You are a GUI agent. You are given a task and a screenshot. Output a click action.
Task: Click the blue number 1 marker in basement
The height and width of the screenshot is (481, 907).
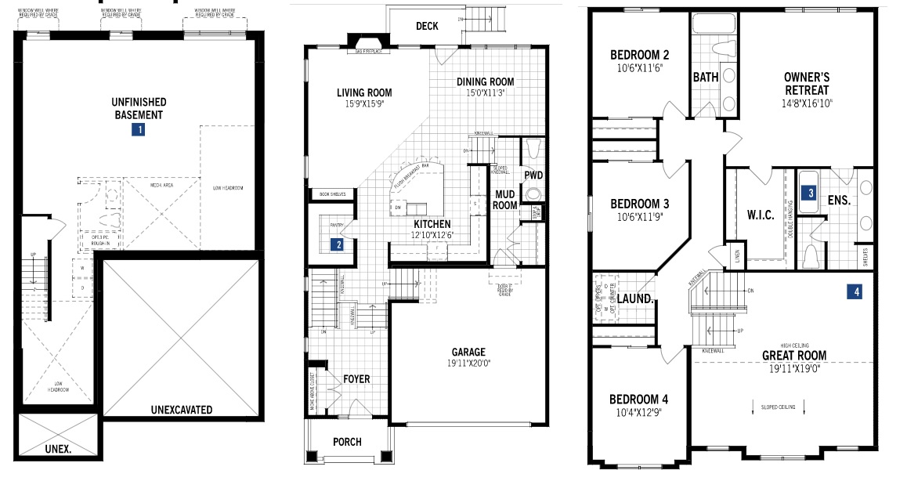(138, 130)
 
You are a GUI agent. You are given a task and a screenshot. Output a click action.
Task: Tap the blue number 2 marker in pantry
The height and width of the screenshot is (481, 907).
(338, 244)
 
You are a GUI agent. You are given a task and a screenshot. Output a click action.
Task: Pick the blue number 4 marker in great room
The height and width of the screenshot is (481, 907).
(857, 291)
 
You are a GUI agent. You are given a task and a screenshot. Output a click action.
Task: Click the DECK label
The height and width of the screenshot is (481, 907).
(427, 26)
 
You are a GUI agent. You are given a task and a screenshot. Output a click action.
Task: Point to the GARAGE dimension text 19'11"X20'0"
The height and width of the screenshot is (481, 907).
(468, 363)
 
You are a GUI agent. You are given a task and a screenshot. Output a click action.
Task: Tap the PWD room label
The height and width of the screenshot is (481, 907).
(534, 175)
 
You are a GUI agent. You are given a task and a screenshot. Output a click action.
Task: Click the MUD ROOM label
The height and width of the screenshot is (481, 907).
(505, 200)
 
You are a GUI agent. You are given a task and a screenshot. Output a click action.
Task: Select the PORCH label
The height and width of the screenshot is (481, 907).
(347, 442)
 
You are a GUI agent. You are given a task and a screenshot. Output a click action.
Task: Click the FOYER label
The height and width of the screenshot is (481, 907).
(356, 379)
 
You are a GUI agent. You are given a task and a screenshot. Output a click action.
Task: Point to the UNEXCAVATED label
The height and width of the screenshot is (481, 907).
(182, 410)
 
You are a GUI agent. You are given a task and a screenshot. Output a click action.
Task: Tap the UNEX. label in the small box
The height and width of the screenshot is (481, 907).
(58, 449)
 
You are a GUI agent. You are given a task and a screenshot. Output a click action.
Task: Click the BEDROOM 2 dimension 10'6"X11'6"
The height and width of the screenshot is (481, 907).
(639, 68)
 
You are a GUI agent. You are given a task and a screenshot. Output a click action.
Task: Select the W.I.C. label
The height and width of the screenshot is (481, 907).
(760, 216)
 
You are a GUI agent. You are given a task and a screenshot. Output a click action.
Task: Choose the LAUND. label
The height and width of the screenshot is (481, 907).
(635, 298)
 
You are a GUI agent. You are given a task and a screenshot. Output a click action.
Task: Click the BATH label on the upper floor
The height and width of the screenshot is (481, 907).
(706, 78)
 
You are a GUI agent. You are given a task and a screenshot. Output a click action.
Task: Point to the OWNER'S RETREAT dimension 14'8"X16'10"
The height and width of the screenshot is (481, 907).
(807, 103)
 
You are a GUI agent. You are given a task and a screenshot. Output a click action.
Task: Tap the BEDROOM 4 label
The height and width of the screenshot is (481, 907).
(639, 400)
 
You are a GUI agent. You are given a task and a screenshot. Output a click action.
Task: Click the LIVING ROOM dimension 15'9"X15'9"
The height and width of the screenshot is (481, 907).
(364, 104)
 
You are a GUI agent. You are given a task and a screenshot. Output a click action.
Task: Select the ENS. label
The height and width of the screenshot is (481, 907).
(840, 200)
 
